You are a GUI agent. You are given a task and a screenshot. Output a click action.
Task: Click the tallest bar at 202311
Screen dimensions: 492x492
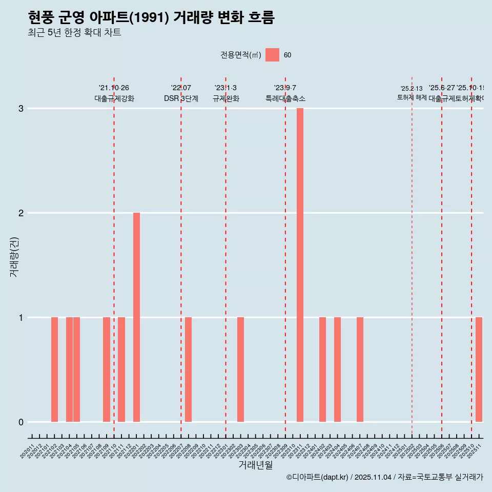[x=300, y=265]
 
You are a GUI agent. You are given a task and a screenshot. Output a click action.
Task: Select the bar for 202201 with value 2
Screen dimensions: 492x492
[x=136, y=317]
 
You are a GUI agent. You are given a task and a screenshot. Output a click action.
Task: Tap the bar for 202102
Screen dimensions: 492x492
[x=54, y=370]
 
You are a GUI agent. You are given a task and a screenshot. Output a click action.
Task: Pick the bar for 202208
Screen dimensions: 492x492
[x=189, y=370]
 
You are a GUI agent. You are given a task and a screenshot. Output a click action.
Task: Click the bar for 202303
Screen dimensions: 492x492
[x=240, y=370]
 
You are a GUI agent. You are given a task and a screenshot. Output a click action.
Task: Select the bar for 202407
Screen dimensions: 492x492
[x=360, y=370]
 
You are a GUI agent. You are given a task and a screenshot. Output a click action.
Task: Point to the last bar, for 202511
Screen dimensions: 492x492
[x=479, y=370]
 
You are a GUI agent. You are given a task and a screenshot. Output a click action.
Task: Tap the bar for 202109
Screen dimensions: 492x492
[x=107, y=370]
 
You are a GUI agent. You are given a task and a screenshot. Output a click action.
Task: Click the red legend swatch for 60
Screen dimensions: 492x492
[x=272, y=55]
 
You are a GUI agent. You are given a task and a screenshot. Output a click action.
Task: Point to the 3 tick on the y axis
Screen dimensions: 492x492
[x=21, y=109]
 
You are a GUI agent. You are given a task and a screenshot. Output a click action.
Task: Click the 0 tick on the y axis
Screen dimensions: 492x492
[x=21, y=422]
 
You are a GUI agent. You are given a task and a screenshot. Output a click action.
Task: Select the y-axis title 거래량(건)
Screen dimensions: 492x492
[x=14, y=257]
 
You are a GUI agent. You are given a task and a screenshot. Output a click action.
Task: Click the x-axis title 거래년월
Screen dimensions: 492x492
[x=255, y=465]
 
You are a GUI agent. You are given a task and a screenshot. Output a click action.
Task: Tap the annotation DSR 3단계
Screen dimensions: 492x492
[x=181, y=98]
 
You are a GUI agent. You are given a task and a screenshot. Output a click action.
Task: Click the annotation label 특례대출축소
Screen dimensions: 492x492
[x=285, y=98]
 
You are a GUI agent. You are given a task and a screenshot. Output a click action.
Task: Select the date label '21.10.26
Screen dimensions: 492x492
[x=114, y=88]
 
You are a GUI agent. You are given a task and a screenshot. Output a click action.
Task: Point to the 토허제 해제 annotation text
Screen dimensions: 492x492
[x=412, y=97]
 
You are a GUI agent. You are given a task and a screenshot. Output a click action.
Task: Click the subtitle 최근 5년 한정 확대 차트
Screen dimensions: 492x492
[x=75, y=33]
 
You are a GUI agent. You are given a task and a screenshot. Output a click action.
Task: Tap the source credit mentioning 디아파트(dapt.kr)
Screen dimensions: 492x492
[x=384, y=477]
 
